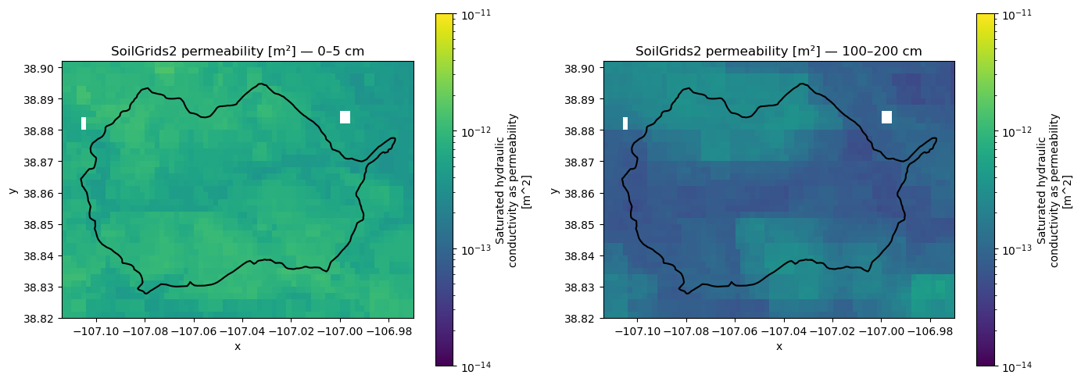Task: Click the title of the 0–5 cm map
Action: [238, 51]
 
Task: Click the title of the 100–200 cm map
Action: [779, 51]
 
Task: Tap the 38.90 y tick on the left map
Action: [39, 68]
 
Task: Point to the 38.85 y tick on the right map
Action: [581, 225]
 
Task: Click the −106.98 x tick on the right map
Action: [930, 331]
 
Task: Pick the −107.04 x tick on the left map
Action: [243, 331]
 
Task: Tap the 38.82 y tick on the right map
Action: [581, 319]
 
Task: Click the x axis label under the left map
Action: [238, 346]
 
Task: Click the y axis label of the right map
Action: [554, 190]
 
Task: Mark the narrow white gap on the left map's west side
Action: [84, 123]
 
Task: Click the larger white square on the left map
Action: [345, 117]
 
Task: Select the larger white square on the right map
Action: [886, 117]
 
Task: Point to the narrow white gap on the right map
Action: [625, 123]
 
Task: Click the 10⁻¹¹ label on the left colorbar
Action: [476, 15]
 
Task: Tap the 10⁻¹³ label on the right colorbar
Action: [1017, 249]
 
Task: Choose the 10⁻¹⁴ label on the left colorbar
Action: [476, 367]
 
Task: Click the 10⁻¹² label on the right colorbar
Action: [1017, 131]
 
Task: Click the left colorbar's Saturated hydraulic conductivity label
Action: [513, 190]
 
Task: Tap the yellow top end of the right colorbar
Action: [986, 16]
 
